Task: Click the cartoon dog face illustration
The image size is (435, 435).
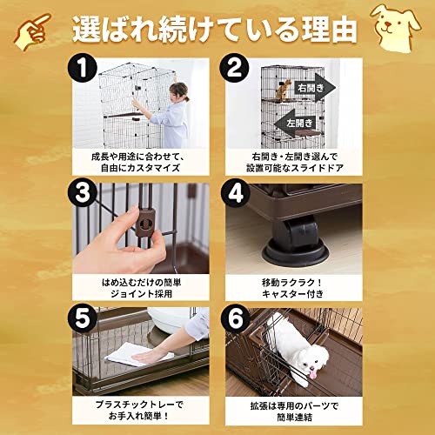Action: (x=397, y=24)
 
